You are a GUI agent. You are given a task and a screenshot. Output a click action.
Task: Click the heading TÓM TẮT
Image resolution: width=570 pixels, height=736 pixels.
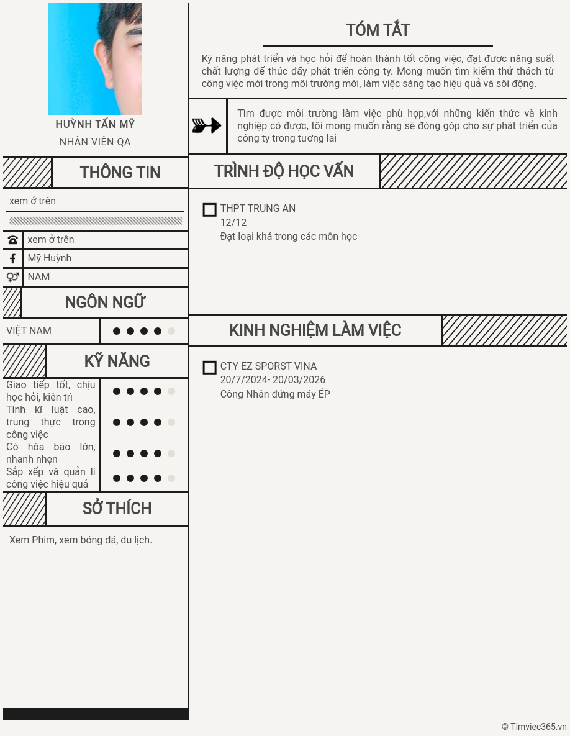pyautogui.click(x=378, y=30)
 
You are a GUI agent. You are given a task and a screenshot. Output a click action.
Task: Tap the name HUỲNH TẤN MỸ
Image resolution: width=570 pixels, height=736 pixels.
pyautogui.click(x=95, y=124)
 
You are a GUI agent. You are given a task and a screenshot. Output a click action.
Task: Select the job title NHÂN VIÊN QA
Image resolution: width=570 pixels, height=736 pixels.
pyautogui.click(x=95, y=142)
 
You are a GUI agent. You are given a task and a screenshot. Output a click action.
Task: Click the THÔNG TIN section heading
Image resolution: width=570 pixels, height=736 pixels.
pyautogui.click(x=120, y=173)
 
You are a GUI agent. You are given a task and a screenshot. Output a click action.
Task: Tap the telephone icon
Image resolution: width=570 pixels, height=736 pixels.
pyautogui.click(x=12, y=240)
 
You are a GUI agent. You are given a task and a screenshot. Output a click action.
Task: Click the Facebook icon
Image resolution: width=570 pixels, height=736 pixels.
pyautogui.click(x=12, y=258)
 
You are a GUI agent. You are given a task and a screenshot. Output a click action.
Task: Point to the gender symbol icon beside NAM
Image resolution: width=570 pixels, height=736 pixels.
pyautogui.click(x=12, y=277)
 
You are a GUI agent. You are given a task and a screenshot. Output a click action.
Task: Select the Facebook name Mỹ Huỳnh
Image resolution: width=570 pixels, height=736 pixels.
pyautogui.click(x=50, y=258)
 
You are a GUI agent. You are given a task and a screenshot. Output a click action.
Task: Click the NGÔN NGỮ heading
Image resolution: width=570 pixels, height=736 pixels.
pyautogui.click(x=105, y=302)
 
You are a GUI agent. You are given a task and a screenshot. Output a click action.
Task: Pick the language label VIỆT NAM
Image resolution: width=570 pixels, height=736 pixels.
pyautogui.click(x=29, y=331)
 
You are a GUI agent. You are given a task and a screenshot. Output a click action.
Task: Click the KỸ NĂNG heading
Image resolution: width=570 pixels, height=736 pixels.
pyautogui.click(x=117, y=361)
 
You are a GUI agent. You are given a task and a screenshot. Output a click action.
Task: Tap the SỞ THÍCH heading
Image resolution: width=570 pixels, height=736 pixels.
pyautogui.click(x=117, y=509)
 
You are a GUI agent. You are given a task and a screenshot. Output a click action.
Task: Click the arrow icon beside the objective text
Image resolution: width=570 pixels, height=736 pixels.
pyautogui.click(x=207, y=125)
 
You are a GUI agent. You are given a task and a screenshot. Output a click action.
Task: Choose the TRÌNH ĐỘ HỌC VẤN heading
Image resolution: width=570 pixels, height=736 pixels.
pyautogui.click(x=284, y=171)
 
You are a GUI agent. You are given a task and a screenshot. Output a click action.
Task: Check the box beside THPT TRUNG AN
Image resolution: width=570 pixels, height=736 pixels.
pyautogui.click(x=210, y=210)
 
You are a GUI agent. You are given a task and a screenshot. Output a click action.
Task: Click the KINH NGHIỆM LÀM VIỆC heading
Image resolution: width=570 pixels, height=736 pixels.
pyautogui.click(x=315, y=330)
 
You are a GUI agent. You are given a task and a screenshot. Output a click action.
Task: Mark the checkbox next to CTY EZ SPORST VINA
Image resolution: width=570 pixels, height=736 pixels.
pyautogui.click(x=210, y=368)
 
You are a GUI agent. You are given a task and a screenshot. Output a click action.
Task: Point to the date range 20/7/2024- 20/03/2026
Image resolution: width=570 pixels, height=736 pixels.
pyautogui.click(x=273, y=380)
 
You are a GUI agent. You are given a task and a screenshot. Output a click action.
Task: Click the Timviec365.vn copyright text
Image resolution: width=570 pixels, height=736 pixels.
pyautogui.click(x=534, y=727)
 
